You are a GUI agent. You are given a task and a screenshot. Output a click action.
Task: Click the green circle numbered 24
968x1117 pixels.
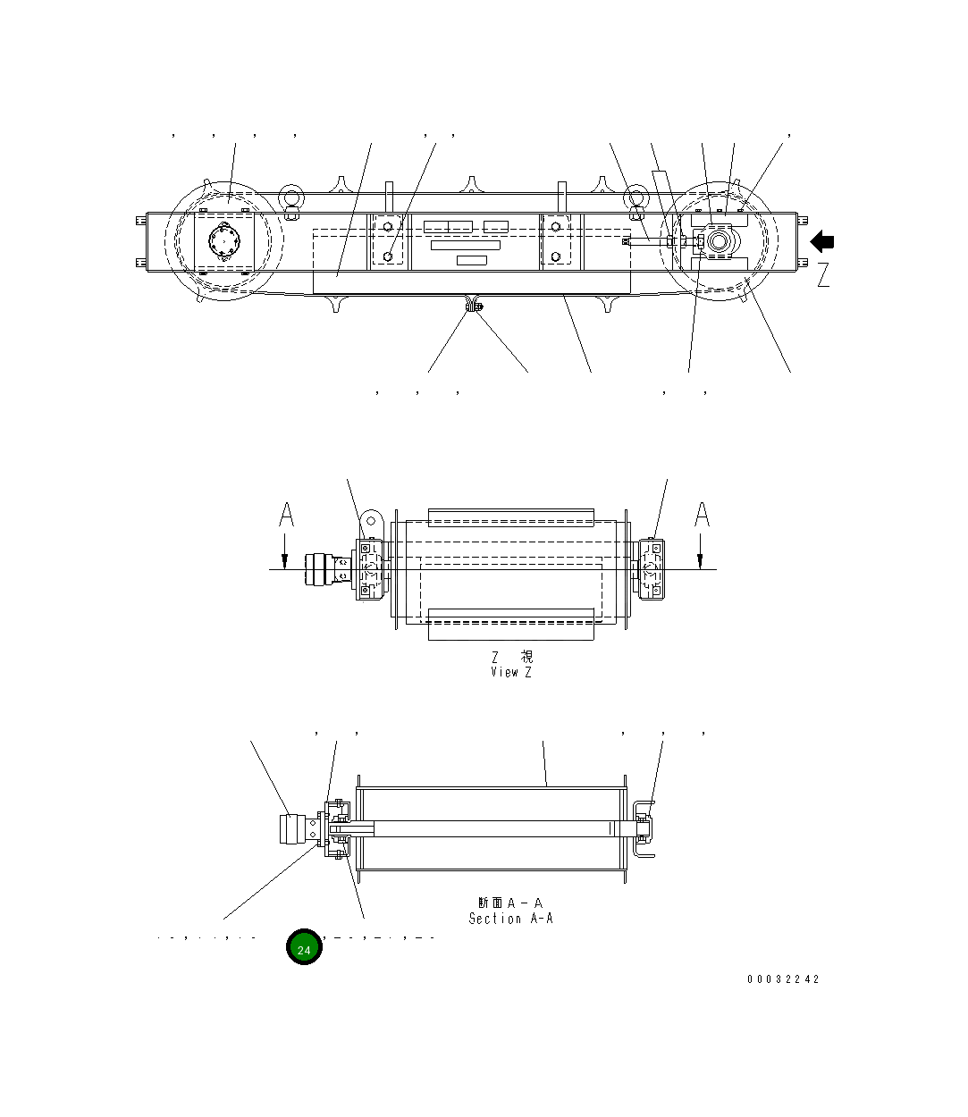(x=304, y=947)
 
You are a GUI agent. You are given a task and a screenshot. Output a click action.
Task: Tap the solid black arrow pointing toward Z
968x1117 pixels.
(x=822, y=241)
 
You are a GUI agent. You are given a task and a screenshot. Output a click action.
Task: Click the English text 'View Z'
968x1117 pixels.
(x=510, y=672)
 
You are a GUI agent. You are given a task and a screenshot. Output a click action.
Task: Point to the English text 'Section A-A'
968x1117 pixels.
(x=510, y=918)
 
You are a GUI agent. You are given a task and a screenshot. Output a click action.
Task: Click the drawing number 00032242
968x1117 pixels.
(x=783, y=978)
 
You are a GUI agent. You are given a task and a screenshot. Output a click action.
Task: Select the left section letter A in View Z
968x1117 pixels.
(x=286, y=515)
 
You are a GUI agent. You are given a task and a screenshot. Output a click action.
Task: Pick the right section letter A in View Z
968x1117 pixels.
(x=703, y=515)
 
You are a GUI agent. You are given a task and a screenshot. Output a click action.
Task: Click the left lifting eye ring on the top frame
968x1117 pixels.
(x=290, y=197)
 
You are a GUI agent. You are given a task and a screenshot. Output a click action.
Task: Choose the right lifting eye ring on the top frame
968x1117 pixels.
(x=635, y=197)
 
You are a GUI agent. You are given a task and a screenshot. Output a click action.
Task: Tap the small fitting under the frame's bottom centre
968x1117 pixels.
(x=473, y=307)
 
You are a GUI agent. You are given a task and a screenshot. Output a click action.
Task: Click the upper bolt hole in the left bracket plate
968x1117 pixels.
(x=387, y=227)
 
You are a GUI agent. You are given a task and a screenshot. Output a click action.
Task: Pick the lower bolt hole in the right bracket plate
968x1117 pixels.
(x=556, y=256)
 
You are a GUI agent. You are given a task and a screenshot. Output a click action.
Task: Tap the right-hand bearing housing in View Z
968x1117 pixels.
(x=651, y=568)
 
